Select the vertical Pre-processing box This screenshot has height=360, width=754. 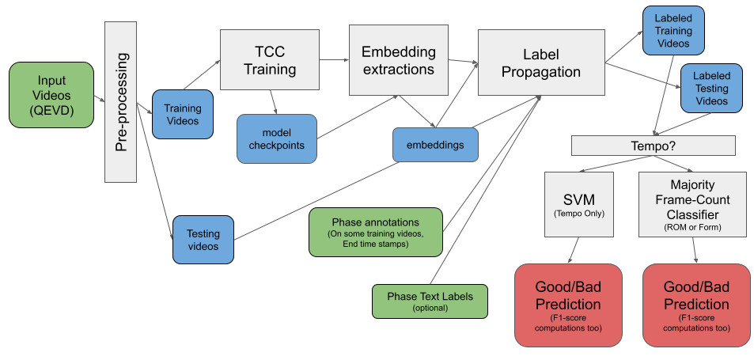[121, 100]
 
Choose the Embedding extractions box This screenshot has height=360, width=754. [398, 60]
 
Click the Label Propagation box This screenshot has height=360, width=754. [540, 62]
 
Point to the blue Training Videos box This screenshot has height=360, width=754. [182, 114]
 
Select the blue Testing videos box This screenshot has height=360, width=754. [203, 239]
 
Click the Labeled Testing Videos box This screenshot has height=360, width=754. [711, 89]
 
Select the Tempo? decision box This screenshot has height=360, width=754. [653, 146]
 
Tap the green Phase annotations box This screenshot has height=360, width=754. [376, 233]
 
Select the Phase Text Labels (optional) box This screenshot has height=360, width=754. [430, 301]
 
